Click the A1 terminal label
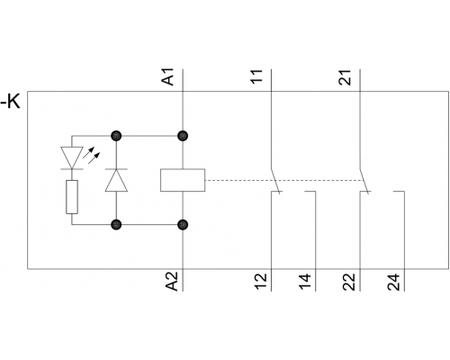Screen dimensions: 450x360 168,76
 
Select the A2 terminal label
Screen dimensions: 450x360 172,282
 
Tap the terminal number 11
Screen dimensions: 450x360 256,76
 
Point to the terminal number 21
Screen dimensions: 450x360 345,77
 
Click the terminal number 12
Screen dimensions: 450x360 261,282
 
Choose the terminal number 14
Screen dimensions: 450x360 305,282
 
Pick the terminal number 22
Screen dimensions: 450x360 349,282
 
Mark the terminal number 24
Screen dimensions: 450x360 393,282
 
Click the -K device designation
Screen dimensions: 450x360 10,102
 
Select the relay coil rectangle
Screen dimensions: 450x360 183,180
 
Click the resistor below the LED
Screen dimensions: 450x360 72,197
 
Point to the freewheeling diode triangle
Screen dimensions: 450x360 116,180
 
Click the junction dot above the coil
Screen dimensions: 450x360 183,136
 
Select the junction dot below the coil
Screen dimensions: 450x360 183,224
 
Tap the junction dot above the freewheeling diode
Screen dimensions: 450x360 116,136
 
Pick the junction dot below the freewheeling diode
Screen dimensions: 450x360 116,224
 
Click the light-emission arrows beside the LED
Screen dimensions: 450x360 91,155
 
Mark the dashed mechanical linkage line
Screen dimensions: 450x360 283,180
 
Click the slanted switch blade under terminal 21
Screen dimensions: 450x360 364,181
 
